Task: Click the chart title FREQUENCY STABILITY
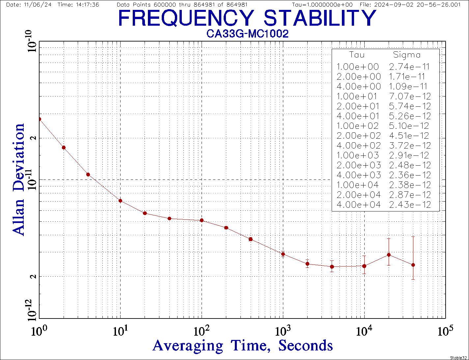point(247,18)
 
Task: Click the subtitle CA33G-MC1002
point(247,34)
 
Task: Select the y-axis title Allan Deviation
point(18,179)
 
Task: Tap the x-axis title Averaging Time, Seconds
point(243,346)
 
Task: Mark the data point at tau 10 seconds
point(121,201)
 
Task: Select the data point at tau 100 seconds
point(202,220)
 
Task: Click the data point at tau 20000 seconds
point(389,255)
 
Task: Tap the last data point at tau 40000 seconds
point(413,265)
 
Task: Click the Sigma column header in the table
point(407,55)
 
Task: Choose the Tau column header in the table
point(357,55)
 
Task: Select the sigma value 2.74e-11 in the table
point(409,67)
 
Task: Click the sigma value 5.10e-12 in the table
point(409,126)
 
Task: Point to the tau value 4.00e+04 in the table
point(358,205)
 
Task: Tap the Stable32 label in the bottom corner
point(459,357)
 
